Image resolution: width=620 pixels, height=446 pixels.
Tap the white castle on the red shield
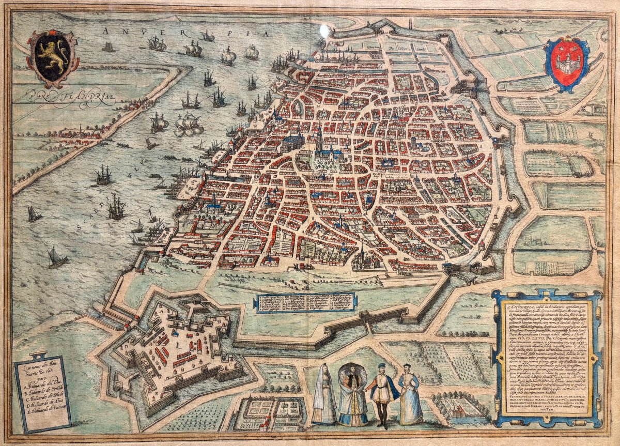tap(567, 62)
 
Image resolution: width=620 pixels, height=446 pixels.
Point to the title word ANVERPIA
tap(186, 32)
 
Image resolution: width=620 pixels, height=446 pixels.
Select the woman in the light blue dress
tap(410, 395)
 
